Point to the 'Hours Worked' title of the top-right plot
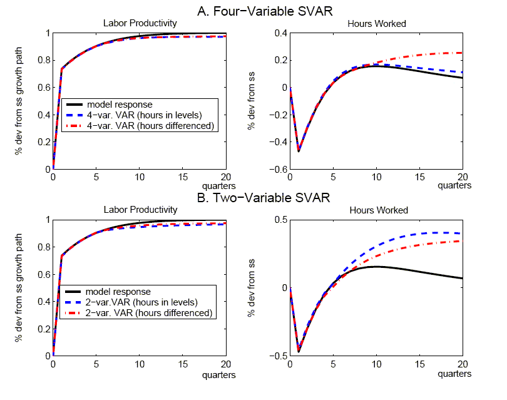coord(377,24)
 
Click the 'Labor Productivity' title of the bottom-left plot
coord(139,210)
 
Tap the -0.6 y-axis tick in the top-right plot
coord(280,170)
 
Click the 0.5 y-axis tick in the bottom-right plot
coord(283,220)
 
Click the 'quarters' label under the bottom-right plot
coord(454,374)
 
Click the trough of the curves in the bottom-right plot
coord(299,351)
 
